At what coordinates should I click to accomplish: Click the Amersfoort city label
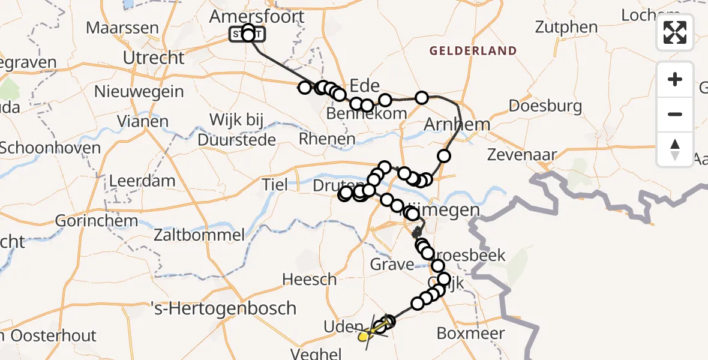(257, 16)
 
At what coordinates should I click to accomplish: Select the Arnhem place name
(457, 125)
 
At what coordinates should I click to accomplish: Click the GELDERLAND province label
(473, 51)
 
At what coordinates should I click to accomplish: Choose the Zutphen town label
(566, 27)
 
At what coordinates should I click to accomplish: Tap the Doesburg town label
(545, 107)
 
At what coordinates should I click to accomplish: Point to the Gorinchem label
(97, 220)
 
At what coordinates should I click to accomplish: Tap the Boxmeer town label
(471, 333)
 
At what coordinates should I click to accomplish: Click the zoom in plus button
(675, 79)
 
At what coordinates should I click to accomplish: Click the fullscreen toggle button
(675, 32)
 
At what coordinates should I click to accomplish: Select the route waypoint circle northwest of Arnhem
(422, 98)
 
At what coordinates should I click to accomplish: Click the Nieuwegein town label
(139, 92)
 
